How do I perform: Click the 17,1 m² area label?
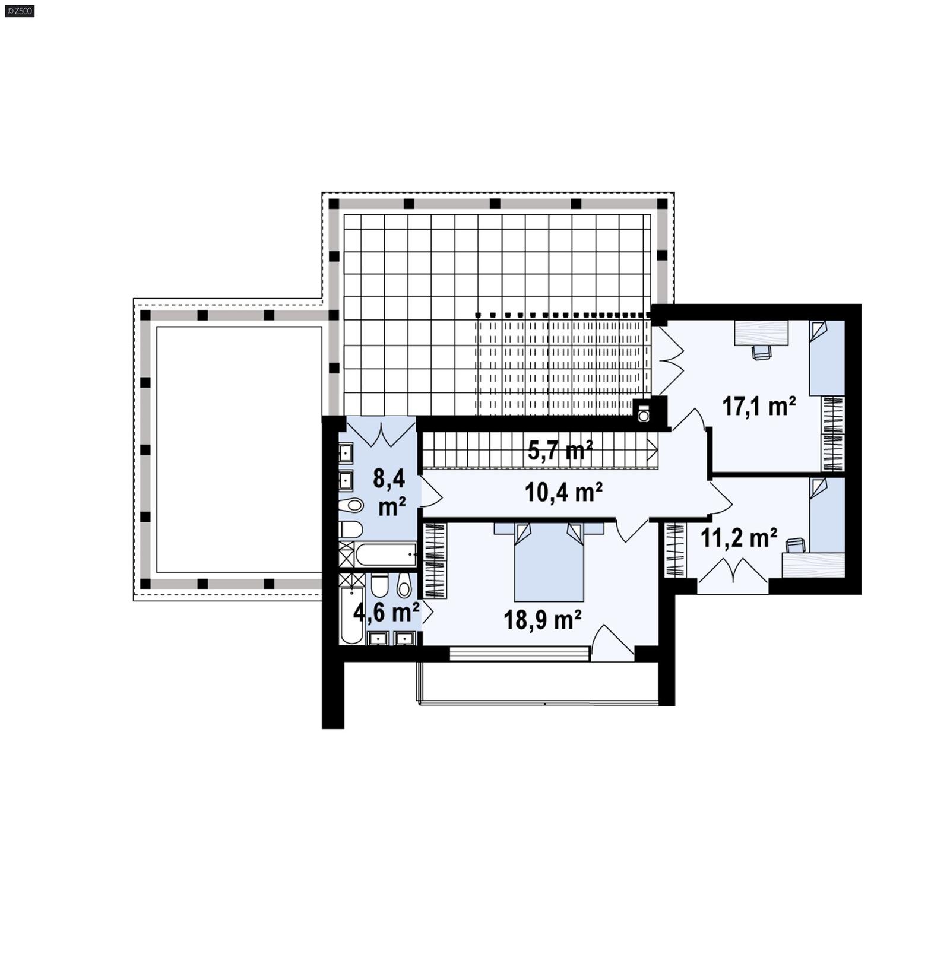[758, 407]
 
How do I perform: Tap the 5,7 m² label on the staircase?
[560, 451]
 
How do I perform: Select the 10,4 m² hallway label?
[563, 492]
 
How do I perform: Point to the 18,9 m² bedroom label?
[542, 620]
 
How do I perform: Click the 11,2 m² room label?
[739, 538]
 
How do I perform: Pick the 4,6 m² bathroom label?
[386, 611]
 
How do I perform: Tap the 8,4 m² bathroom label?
[391, 492]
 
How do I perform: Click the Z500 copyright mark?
[19, 11]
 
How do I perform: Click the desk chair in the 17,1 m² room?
[762, 352]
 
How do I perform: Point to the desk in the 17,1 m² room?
[761, 332]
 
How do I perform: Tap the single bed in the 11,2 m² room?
[826, 515]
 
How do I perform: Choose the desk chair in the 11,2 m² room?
[796, 544]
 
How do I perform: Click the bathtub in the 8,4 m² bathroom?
[385, 554]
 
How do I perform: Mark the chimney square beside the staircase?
[644, 415]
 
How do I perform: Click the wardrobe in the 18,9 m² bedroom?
[435, 560]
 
